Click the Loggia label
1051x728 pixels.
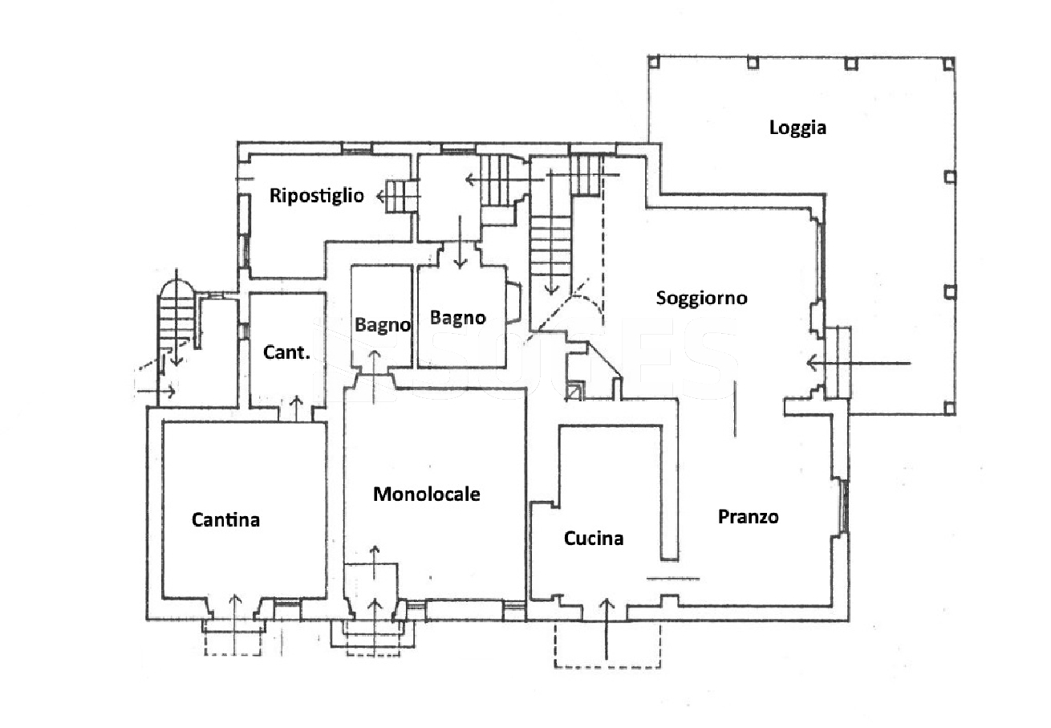click(x=797, y=127)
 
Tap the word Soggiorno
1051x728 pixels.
click(x=701, y=299)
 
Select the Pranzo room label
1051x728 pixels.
click(x=748, y=517)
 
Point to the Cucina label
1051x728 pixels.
click(x=594, y=539)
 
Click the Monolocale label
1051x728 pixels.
click(x=427, y=494)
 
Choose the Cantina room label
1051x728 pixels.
click(x=225, y=520)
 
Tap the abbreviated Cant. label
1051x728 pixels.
click(x=286, y=352)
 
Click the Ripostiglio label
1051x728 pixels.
click(x=316, y=195)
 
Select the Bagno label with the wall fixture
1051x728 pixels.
click(x=457, y=318)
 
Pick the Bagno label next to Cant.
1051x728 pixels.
click(x=383, y=325)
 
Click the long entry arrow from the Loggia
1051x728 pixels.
click(x=858, y=364)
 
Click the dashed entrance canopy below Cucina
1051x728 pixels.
click(x=607, y=646)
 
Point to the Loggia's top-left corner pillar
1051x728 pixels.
click(x=654, y=61)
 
